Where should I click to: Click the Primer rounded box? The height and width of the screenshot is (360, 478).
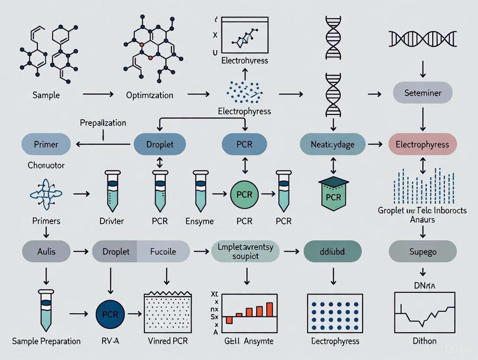(x=46, y=145)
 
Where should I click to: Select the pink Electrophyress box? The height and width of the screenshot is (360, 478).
(x=423, y=145)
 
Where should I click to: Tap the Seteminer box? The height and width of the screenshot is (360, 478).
(x=423, y=93)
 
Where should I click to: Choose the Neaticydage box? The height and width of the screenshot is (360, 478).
(x=332, y=145)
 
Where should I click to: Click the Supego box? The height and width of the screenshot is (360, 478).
(x=423, y=251)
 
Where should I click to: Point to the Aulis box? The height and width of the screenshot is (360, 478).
(x=46, y=251)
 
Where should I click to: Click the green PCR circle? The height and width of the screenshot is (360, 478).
(x=244, y=194)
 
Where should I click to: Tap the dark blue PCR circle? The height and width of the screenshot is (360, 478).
(x=110, y=314)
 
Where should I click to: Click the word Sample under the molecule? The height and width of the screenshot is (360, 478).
(x=46, y=95)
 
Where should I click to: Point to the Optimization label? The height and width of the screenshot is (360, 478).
(x=150, y=95)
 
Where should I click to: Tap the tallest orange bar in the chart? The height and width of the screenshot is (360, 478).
(x=270, y=310)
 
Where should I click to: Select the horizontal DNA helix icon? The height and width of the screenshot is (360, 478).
(x=422, y=39)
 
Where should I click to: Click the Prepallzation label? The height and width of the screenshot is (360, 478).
(x=103, y=123)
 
